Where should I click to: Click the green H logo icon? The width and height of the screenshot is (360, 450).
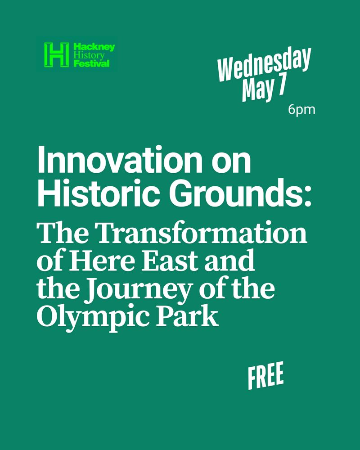coord(57,54)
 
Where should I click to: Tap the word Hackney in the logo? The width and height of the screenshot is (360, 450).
coord(94,47)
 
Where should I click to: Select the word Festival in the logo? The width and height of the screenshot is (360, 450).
coord(92,63)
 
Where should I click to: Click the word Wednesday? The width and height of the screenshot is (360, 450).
coord(264,64)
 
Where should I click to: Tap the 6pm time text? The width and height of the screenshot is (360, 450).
coord(301,110)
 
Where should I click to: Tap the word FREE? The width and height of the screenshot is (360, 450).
coord(266,375)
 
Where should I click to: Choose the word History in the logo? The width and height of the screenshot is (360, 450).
coord(89,55)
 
